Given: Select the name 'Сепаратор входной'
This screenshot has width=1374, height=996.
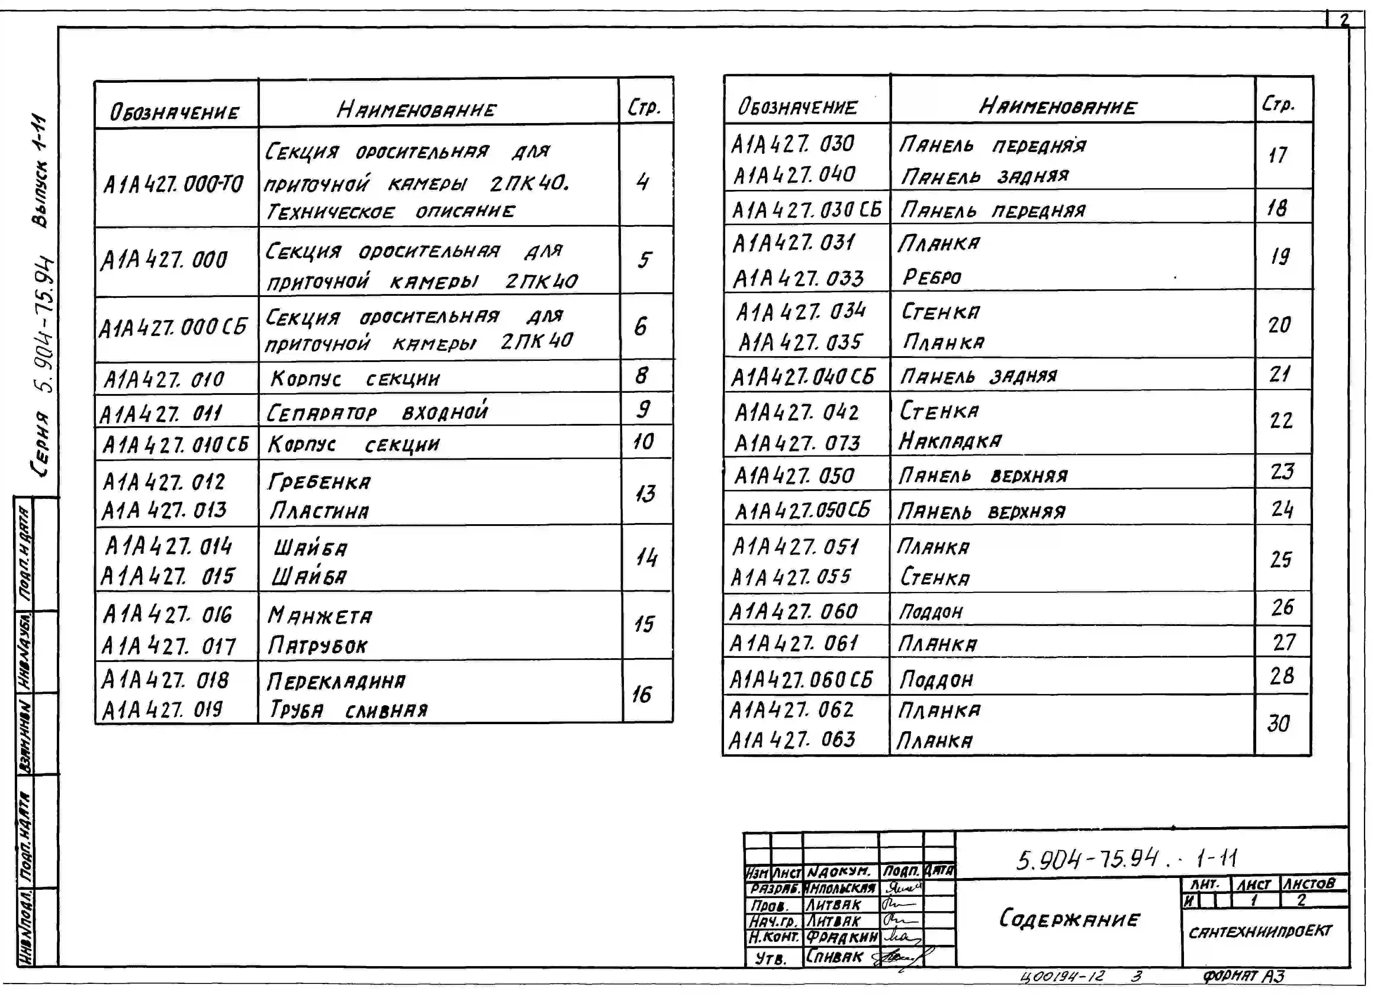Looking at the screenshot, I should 377,412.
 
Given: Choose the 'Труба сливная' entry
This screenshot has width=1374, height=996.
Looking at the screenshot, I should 348,710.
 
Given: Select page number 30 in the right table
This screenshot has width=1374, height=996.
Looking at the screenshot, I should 1279,724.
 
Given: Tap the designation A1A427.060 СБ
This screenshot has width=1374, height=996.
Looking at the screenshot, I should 801,679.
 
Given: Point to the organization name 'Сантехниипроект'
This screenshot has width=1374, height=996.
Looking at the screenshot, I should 1260,931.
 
